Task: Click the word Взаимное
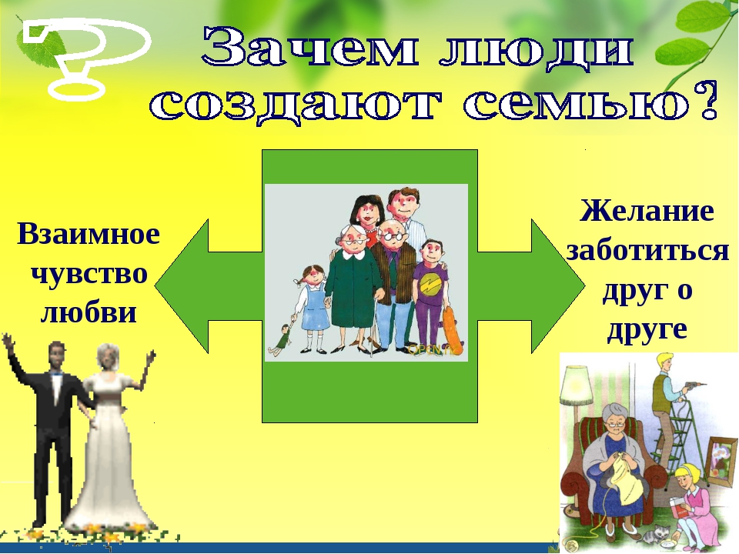click(89, 234)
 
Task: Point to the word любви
click(89, 313)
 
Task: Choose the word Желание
click(647, 211)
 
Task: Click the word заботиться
click(647, 250)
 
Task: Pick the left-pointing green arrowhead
click(182, 286)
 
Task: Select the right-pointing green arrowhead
click(558, 286)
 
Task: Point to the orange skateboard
click(453, 331)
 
